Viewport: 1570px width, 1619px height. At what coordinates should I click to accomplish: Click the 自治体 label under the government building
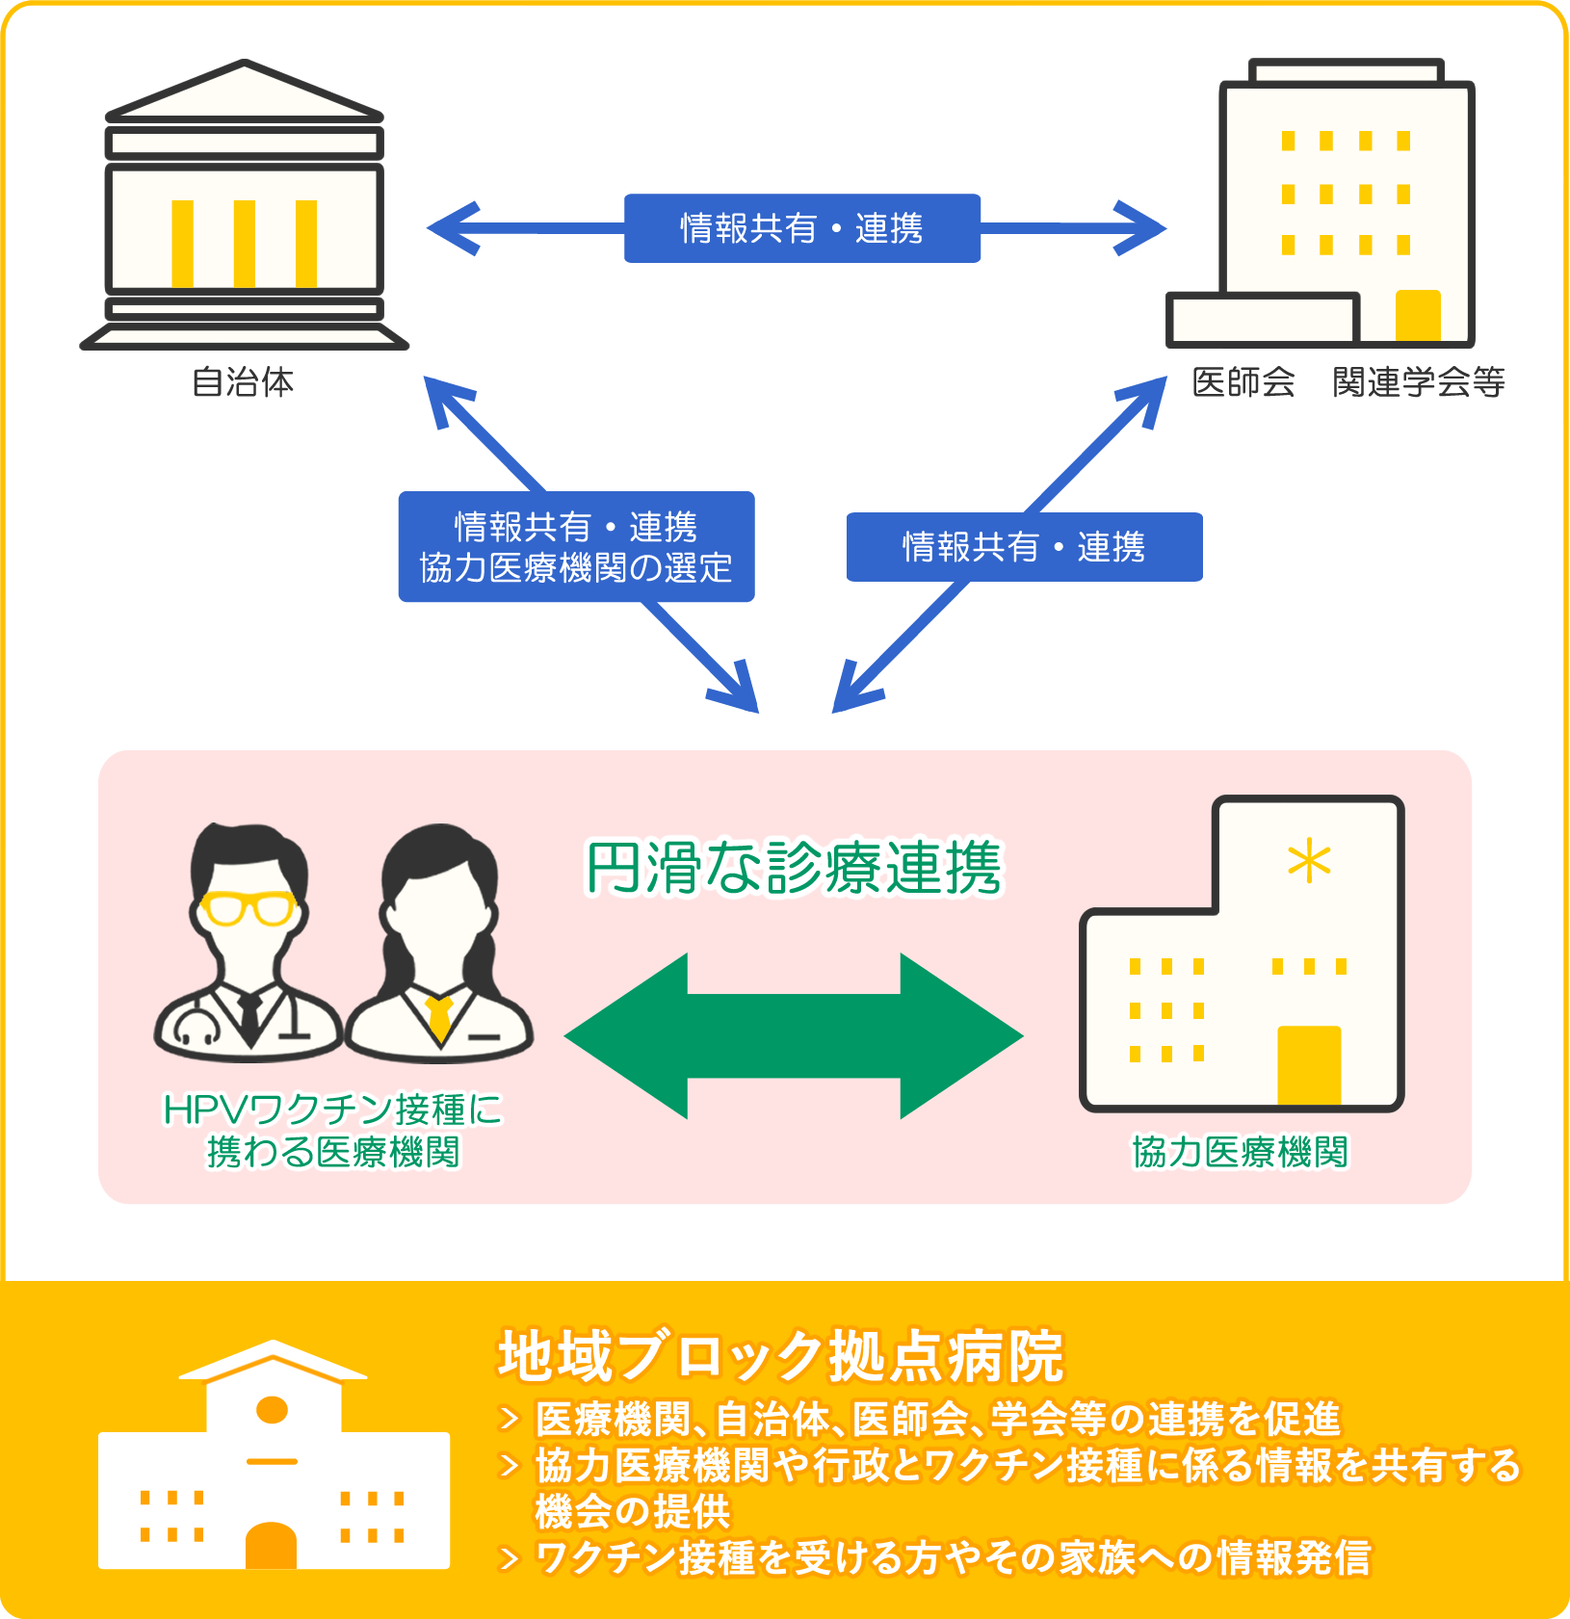(243, 382)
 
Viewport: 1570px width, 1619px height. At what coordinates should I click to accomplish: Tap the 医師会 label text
(1243, 382)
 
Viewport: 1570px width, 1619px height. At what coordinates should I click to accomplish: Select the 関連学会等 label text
(1419, 382)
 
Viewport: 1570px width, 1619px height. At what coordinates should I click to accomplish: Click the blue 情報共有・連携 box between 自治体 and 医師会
(801, 228)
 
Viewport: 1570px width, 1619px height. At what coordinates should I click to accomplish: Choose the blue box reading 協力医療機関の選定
(576, 567)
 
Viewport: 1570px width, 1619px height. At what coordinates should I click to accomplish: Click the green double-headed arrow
(794, 1035)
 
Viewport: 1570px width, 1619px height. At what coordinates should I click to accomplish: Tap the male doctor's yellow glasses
(249, 907)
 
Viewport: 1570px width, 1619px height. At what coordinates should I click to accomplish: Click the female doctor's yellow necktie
(439, 1017)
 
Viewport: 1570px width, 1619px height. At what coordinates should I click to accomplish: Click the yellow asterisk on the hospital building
(1309, 861)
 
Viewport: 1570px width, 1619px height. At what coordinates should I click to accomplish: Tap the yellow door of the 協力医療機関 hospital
(1309, 1065)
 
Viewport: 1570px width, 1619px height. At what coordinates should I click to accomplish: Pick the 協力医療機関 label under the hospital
(1240, 1152)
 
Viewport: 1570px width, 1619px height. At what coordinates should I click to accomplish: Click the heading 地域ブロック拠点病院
(780, 1356)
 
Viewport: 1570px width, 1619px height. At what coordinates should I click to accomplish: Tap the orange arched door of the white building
(271, 1546)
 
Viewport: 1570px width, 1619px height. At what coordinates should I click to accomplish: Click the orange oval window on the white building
(273, 1410)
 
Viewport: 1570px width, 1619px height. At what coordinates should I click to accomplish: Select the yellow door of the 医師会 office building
(1418, 315)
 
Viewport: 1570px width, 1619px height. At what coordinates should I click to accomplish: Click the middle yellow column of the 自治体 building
(245, 243)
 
